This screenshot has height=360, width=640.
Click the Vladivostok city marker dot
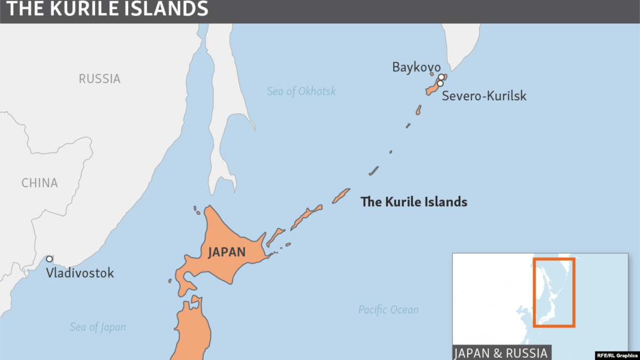(49, 259)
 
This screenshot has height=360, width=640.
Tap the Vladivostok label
(79, 273)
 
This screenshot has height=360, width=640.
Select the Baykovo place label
(417, 67)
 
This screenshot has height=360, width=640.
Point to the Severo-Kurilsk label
(484, 96)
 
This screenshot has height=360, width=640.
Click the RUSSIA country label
(100, 79)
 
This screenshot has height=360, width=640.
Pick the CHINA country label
(39, 183)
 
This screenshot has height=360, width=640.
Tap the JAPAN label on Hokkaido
(227, 252)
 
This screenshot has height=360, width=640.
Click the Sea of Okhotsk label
(301, 91)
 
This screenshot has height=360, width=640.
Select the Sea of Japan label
(98, 327)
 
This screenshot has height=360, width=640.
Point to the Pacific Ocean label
(388, 309)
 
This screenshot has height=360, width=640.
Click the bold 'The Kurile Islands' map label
(414, 202)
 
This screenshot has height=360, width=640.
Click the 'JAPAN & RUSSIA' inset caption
(500, 353)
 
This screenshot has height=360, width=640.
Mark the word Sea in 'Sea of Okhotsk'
(275, 91)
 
